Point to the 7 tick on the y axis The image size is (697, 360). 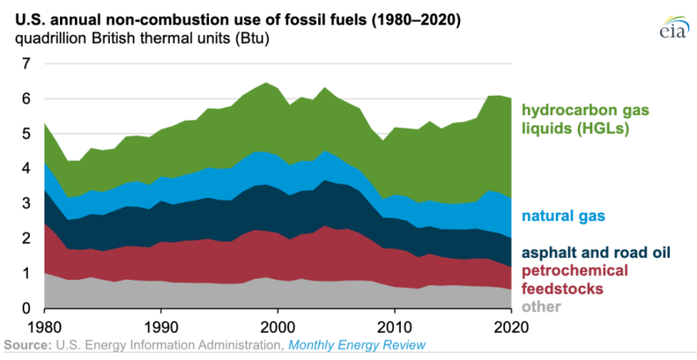coord(26,64)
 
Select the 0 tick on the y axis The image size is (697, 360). coord(26,309)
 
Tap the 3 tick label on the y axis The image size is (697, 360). coord(26,204)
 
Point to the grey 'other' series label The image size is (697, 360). coord(539,307)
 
